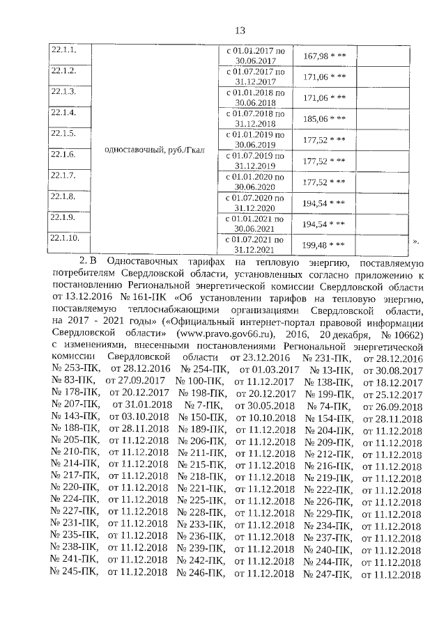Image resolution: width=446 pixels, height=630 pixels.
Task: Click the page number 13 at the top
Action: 240,31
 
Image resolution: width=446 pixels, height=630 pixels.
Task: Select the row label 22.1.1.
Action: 62,51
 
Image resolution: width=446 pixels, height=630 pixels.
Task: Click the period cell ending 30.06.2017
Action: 255,56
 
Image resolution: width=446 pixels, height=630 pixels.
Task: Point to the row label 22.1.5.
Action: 62,133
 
